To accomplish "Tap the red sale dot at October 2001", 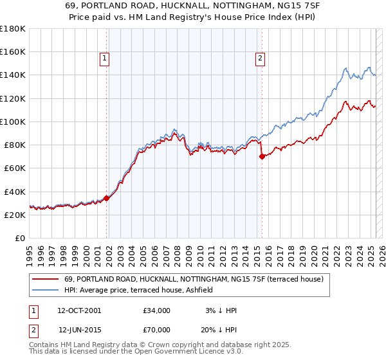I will click(107, 198).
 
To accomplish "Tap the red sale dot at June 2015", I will click(262, 156).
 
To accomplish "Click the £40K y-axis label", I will click(15, 192).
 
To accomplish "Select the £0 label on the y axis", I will click(19, 238).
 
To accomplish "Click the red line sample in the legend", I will click(45, 278).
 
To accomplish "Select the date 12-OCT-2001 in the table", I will click(79, 310).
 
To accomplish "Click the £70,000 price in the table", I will click(156, 329).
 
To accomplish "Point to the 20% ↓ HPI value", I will click(218, 329).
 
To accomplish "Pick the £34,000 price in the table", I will click(156, 310).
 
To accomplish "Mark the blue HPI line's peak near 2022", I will click(345, 67).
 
